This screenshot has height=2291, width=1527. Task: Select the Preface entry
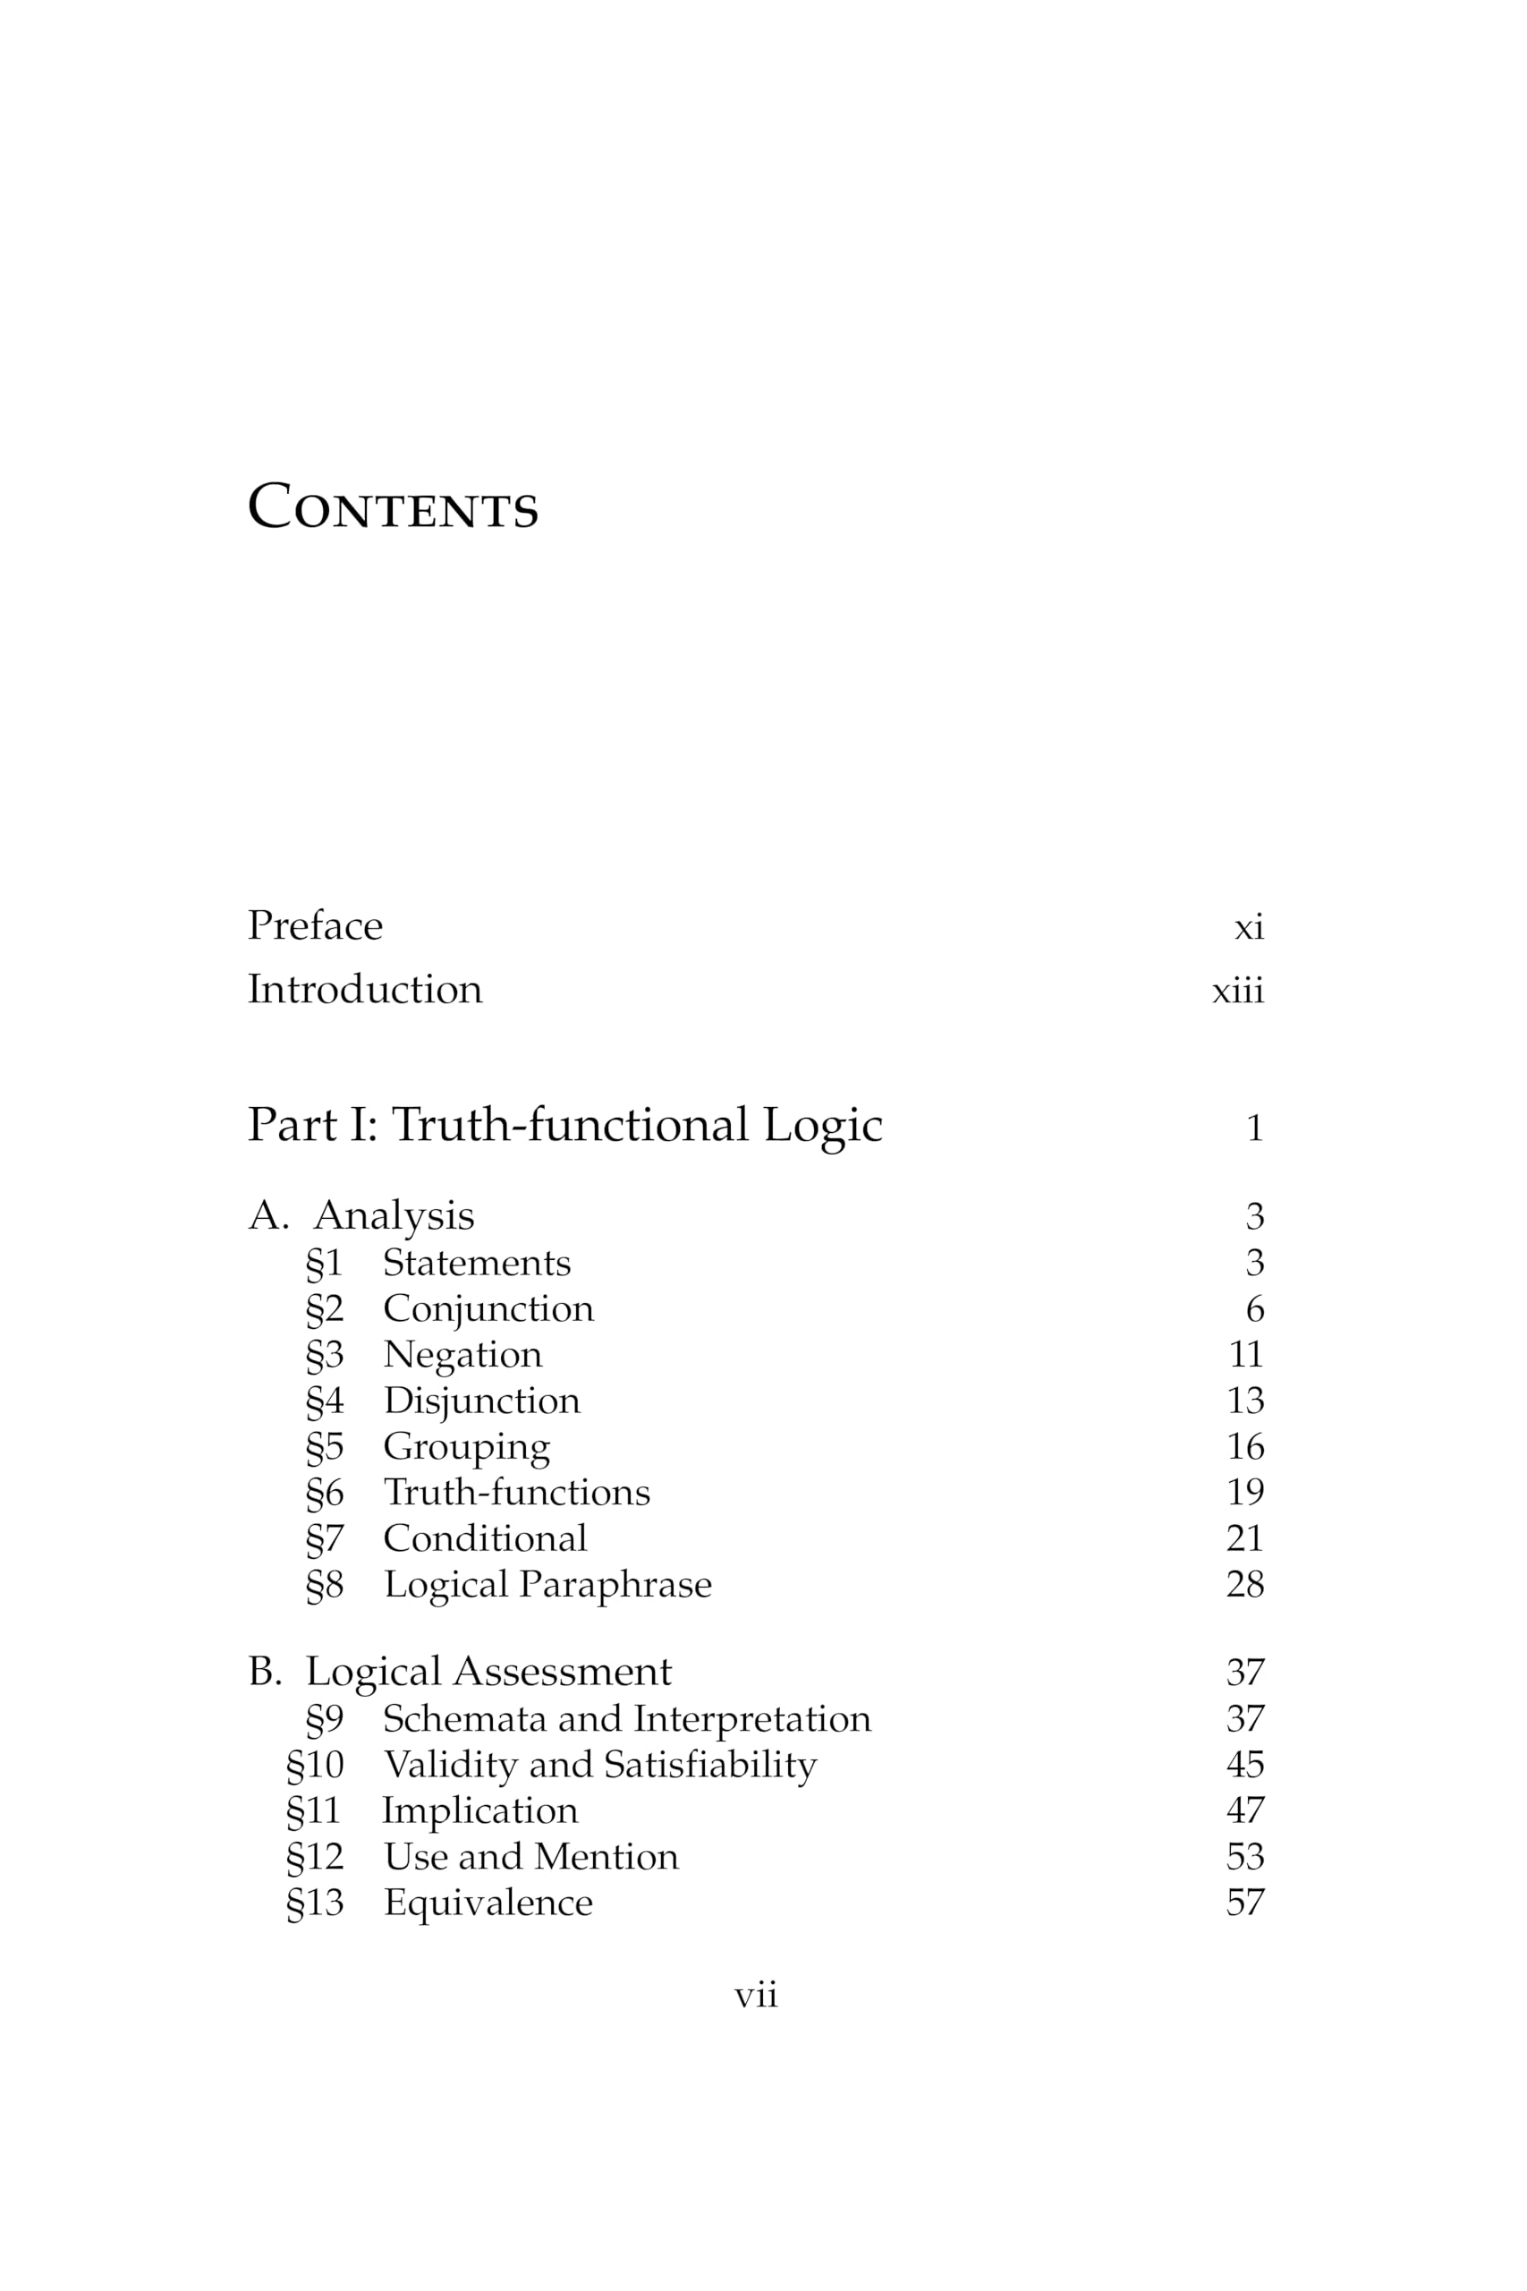315,925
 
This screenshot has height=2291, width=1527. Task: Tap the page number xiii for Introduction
1237,991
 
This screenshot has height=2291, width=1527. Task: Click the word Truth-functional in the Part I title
570,1125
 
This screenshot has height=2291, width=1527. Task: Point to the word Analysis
394,1215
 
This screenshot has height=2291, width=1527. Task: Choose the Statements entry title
476,1263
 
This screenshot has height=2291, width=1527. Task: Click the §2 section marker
325,1309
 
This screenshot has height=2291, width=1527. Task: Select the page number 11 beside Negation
1244,1354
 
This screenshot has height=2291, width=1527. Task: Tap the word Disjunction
481,1401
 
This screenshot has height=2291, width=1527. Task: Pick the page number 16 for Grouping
1244,1446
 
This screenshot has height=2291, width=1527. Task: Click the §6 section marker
325,1492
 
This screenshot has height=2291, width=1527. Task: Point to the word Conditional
485,1538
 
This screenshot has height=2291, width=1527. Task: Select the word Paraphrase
615,1585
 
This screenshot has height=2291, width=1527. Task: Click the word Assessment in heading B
562,1672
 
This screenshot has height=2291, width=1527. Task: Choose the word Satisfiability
710,1764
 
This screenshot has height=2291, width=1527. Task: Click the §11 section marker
314,1810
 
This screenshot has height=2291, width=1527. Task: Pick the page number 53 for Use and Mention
1244,1857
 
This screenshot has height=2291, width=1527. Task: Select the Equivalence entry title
488,1903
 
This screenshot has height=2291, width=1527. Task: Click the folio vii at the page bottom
756,1996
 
